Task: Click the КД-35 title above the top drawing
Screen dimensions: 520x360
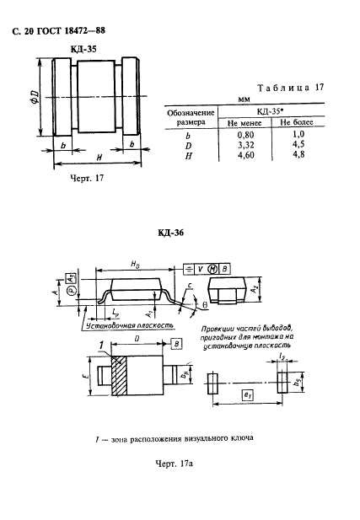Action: [83, 50]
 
